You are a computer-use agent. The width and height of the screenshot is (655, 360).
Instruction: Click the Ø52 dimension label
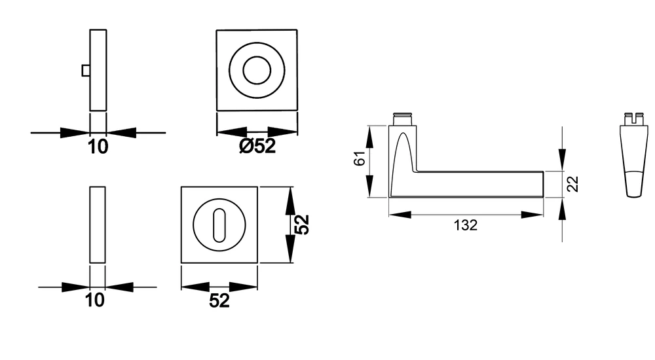[x=257, y=146]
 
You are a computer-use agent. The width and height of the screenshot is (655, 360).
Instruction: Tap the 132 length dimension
[x=465, y=225]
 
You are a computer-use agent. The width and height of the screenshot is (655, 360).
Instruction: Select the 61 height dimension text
[x=360, y=158]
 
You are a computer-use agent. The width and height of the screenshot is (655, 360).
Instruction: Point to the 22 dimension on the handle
[x=572, y=184]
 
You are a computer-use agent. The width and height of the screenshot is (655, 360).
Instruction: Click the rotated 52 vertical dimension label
[x=301, y=225]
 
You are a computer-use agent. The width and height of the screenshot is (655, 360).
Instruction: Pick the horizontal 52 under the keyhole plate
[x=219, y=300]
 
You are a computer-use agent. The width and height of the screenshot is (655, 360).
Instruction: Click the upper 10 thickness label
[x=98, y=147]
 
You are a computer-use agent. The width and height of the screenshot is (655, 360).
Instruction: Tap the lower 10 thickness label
[x=95, y=300]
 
